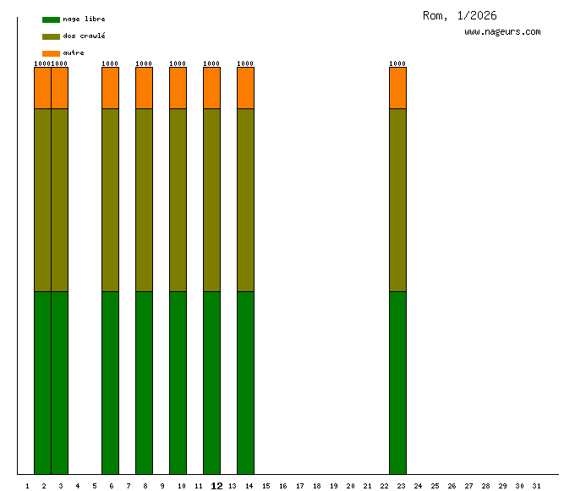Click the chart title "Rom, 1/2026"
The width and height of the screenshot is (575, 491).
[x=459, y=15]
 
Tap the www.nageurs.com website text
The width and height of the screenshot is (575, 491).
[x=502, y=32]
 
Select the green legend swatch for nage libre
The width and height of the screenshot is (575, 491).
[x=51, y=19]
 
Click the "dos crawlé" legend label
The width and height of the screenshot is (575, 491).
[x=84, y=36]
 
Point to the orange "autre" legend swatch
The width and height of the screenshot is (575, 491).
[x=51, y=53]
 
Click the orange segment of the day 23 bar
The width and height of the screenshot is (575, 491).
[x=397, y=88]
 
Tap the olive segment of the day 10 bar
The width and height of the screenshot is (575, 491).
[x=178, y=200]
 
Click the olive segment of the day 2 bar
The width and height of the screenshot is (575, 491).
[x=42, y=200]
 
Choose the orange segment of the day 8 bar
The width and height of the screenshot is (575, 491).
[x=144, y=88]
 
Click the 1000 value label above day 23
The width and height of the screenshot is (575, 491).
[x=397, y=63]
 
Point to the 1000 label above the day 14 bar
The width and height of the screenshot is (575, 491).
[x=245, y=63]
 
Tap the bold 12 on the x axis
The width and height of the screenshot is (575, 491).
[x=216, y=486]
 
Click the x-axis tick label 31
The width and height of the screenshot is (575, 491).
[x=536, y=486]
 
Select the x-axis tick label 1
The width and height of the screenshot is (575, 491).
[x=28, y=486]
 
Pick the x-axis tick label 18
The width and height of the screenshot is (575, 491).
[x=316, y=486]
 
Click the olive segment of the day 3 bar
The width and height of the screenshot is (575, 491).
[x=59, y=200]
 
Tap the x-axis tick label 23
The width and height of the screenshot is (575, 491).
[x=401, y=486]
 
